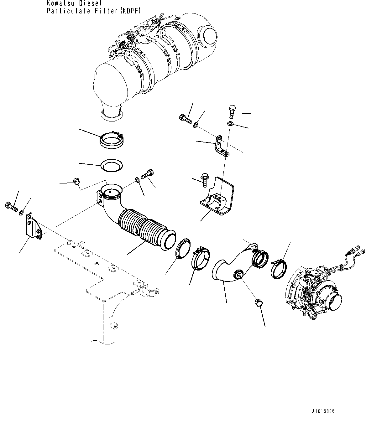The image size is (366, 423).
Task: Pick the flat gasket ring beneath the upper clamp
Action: point(111,166)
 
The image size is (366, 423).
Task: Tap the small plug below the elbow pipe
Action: point(259,303)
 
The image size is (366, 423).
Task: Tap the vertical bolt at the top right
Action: point(232,110)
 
